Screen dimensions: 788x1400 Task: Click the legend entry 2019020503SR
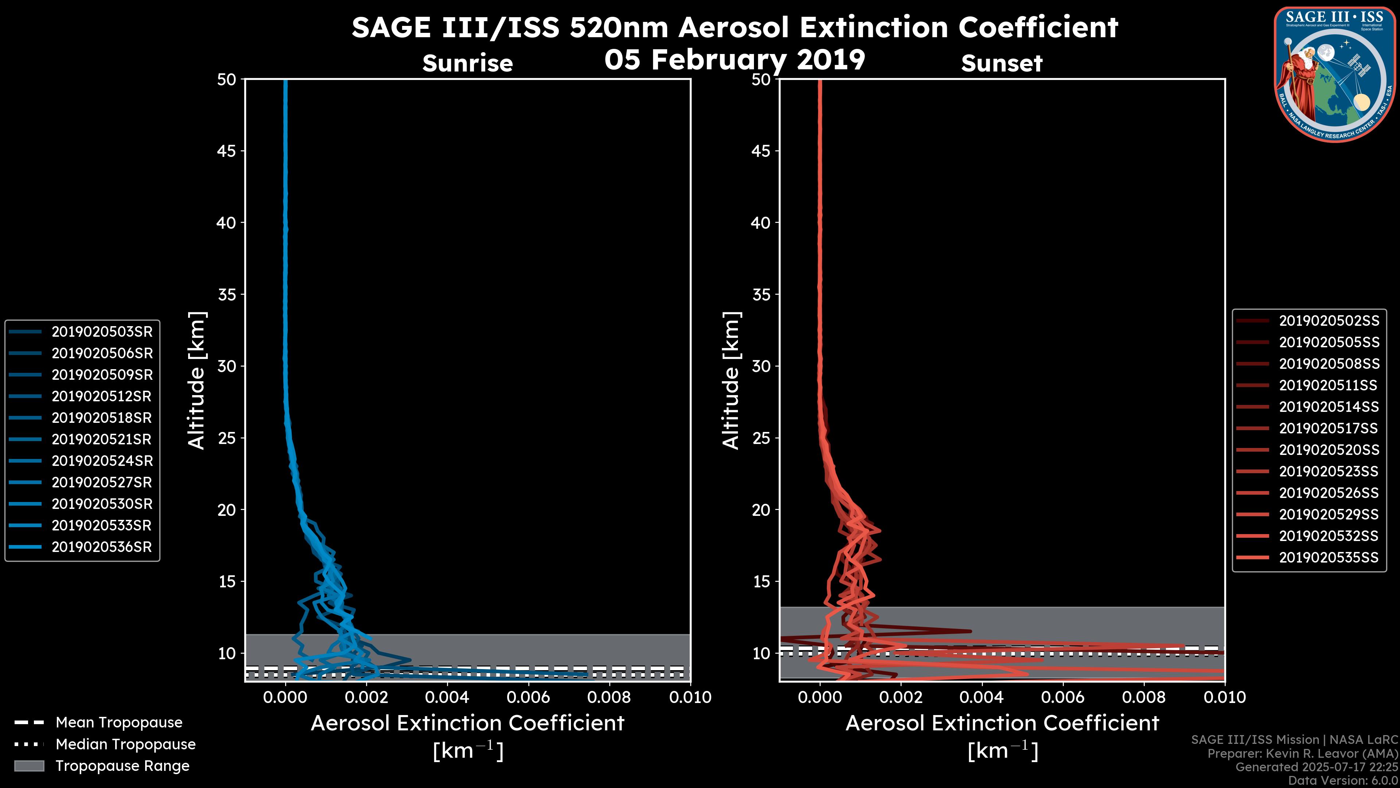point(102,332)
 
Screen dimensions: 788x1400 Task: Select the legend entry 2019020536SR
point(102,547)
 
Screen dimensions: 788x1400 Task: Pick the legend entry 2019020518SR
point(102,418)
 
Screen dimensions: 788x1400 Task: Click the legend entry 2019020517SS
point(1328,429)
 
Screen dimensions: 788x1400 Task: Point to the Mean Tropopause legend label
point(119,723)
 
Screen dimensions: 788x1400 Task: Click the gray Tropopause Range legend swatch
point(29,766)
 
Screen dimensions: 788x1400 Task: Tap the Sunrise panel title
point(467,63)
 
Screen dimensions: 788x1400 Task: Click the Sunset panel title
point(1002,63)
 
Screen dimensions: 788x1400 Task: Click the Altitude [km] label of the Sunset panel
point(731,381)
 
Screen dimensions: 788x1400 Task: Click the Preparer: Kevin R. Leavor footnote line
point(1302,754)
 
